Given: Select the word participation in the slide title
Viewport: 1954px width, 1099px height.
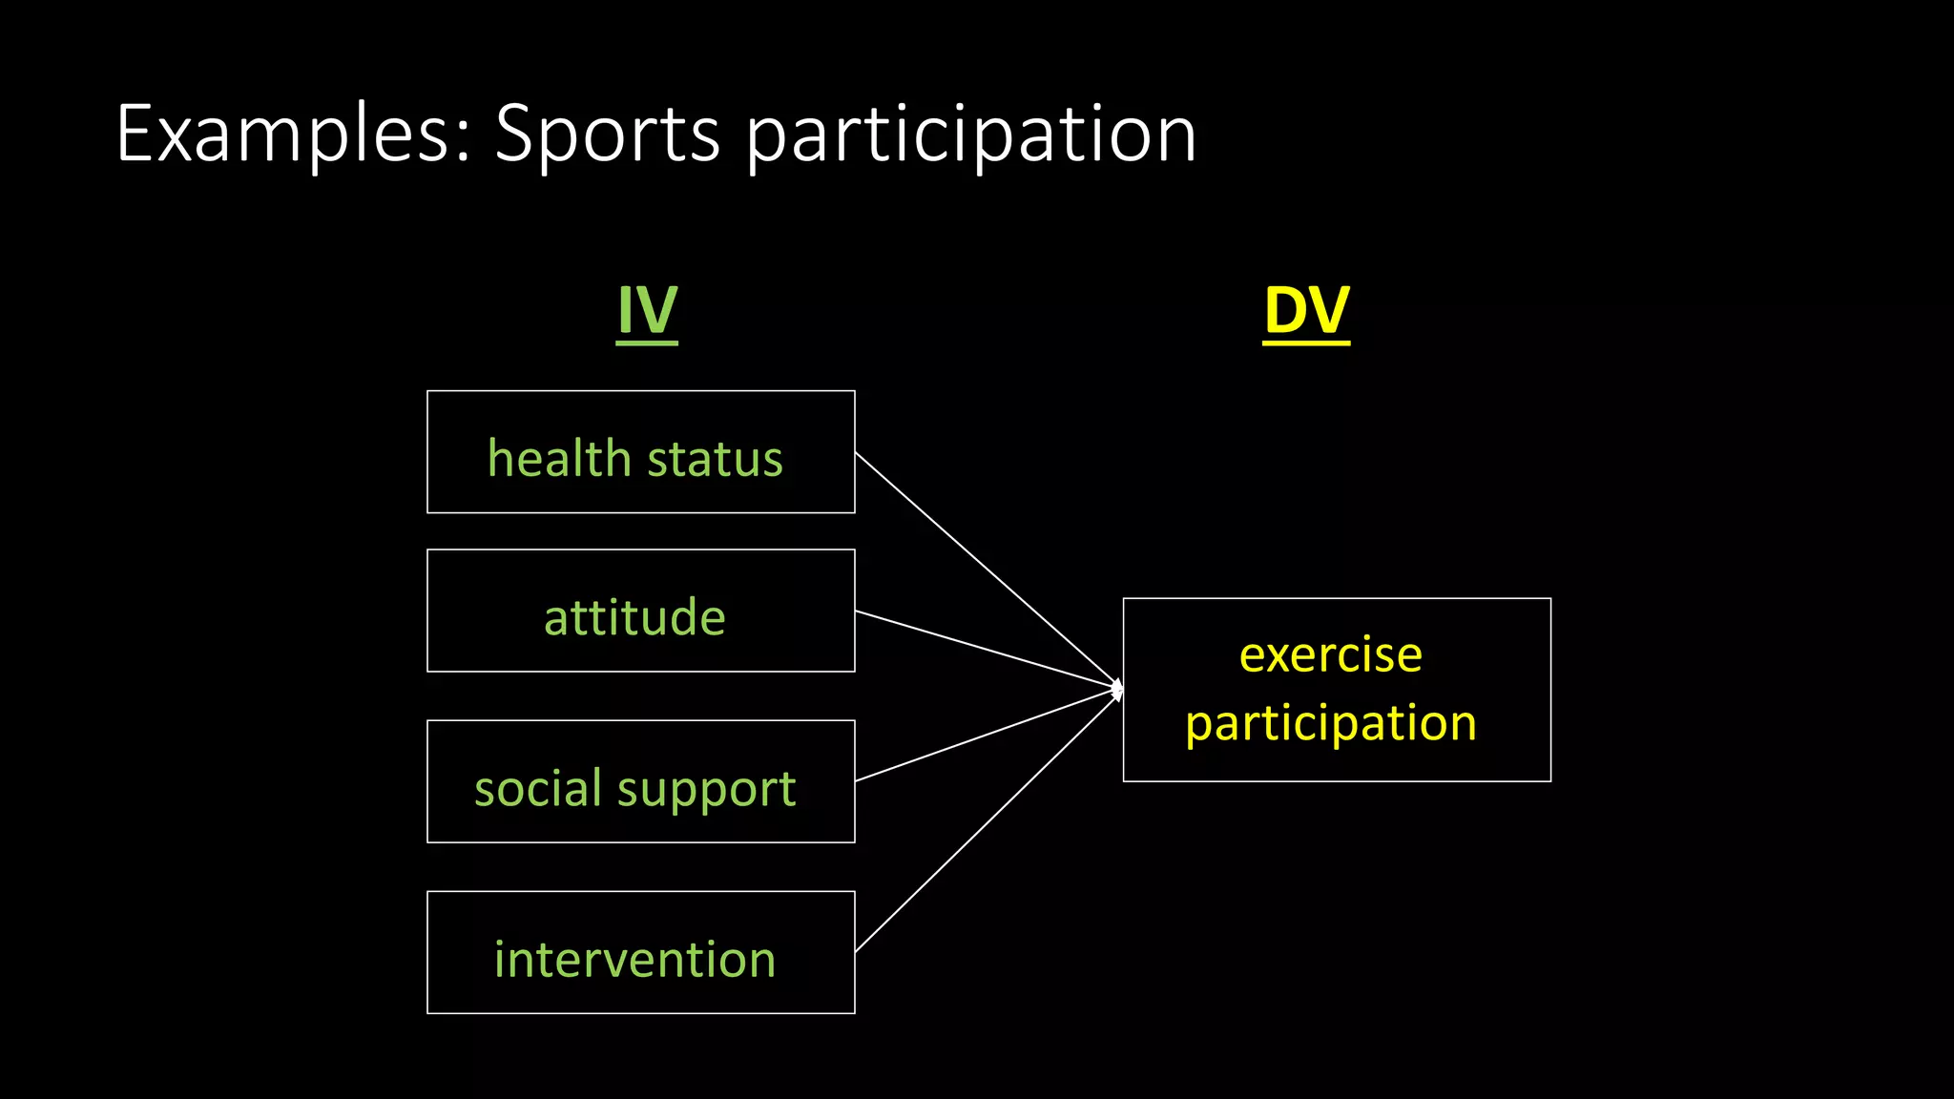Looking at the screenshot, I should [x=970, y=135].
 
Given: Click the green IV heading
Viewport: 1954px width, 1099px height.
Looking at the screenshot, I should [x=647, y=311].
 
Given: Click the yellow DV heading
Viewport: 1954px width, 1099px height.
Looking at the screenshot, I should [x=1306, y=311].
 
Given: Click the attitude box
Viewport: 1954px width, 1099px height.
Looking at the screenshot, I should [x=640, y=612].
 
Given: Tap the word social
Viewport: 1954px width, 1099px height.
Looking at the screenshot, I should [x=538, y=788].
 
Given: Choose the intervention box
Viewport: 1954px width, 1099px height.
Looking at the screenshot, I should [x=640, y=953].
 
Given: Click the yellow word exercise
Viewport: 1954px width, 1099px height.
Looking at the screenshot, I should [x=1330, y=655].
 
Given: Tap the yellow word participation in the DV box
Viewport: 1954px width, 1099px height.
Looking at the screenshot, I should [x=1330, y=723].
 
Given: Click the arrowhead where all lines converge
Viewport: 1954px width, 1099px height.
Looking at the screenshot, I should [x=1117, y=688].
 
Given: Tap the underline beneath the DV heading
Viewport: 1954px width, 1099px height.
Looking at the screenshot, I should [x=1306, y=342].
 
